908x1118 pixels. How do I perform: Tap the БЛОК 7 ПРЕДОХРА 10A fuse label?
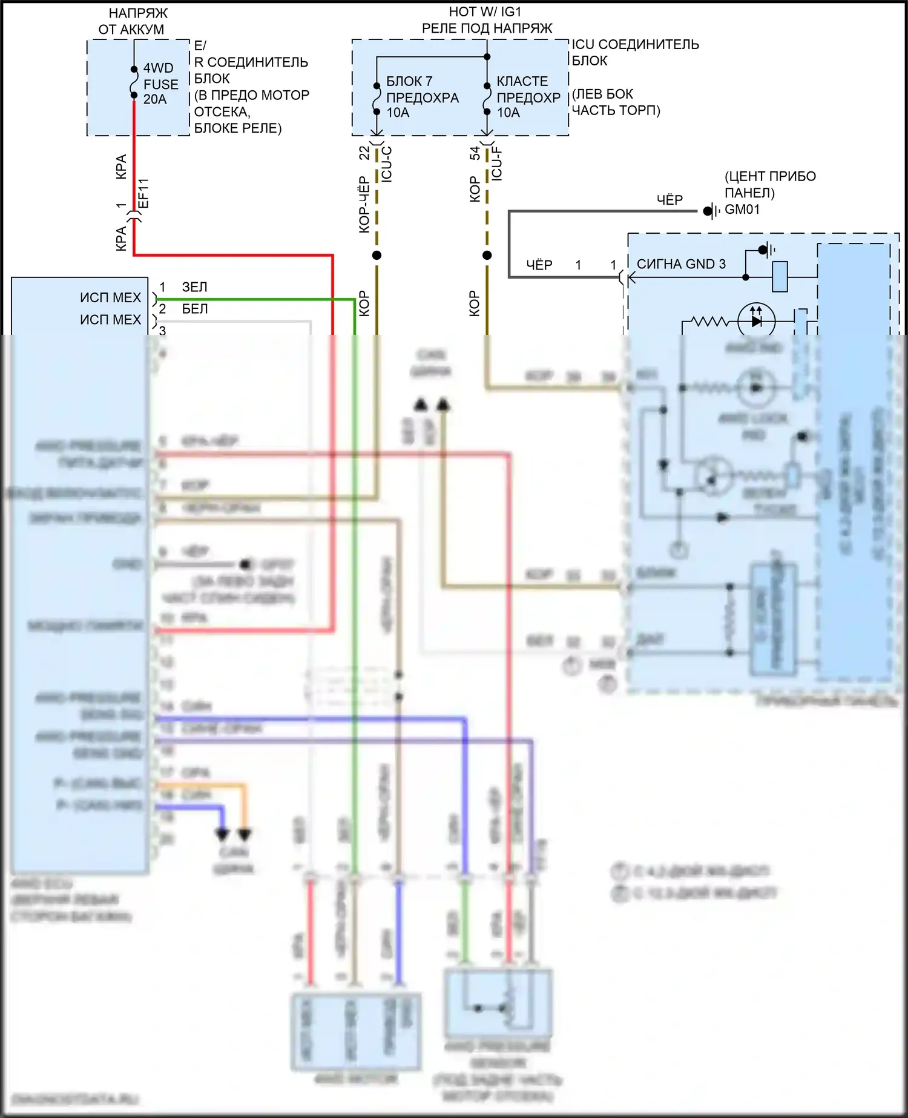pos(422,97)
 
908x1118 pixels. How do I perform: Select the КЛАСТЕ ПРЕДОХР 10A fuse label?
pos(528,97)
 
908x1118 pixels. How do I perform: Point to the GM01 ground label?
pos(742,210)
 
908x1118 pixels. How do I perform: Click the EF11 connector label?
pos(143,193)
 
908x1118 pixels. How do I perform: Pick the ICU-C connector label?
pos(387,164)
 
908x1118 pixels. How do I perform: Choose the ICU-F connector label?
pos(497,163)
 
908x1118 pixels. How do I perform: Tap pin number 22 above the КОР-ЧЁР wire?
pos(364,153)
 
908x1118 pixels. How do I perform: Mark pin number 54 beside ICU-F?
pos(475,153)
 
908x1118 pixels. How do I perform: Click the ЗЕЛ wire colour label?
pos(195,287)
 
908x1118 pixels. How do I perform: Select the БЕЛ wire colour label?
pos(195,309)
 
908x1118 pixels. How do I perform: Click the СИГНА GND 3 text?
pos(681,264)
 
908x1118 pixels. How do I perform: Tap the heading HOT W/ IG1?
pos(485,12)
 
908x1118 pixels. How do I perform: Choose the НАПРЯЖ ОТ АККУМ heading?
pos(134,21)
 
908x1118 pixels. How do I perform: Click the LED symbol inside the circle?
pos(757,321)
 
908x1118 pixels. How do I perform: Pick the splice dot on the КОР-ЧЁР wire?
pos(377,255)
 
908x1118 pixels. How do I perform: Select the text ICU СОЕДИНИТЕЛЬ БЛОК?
pos(635,52)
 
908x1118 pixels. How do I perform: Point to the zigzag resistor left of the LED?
pos(711,321)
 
